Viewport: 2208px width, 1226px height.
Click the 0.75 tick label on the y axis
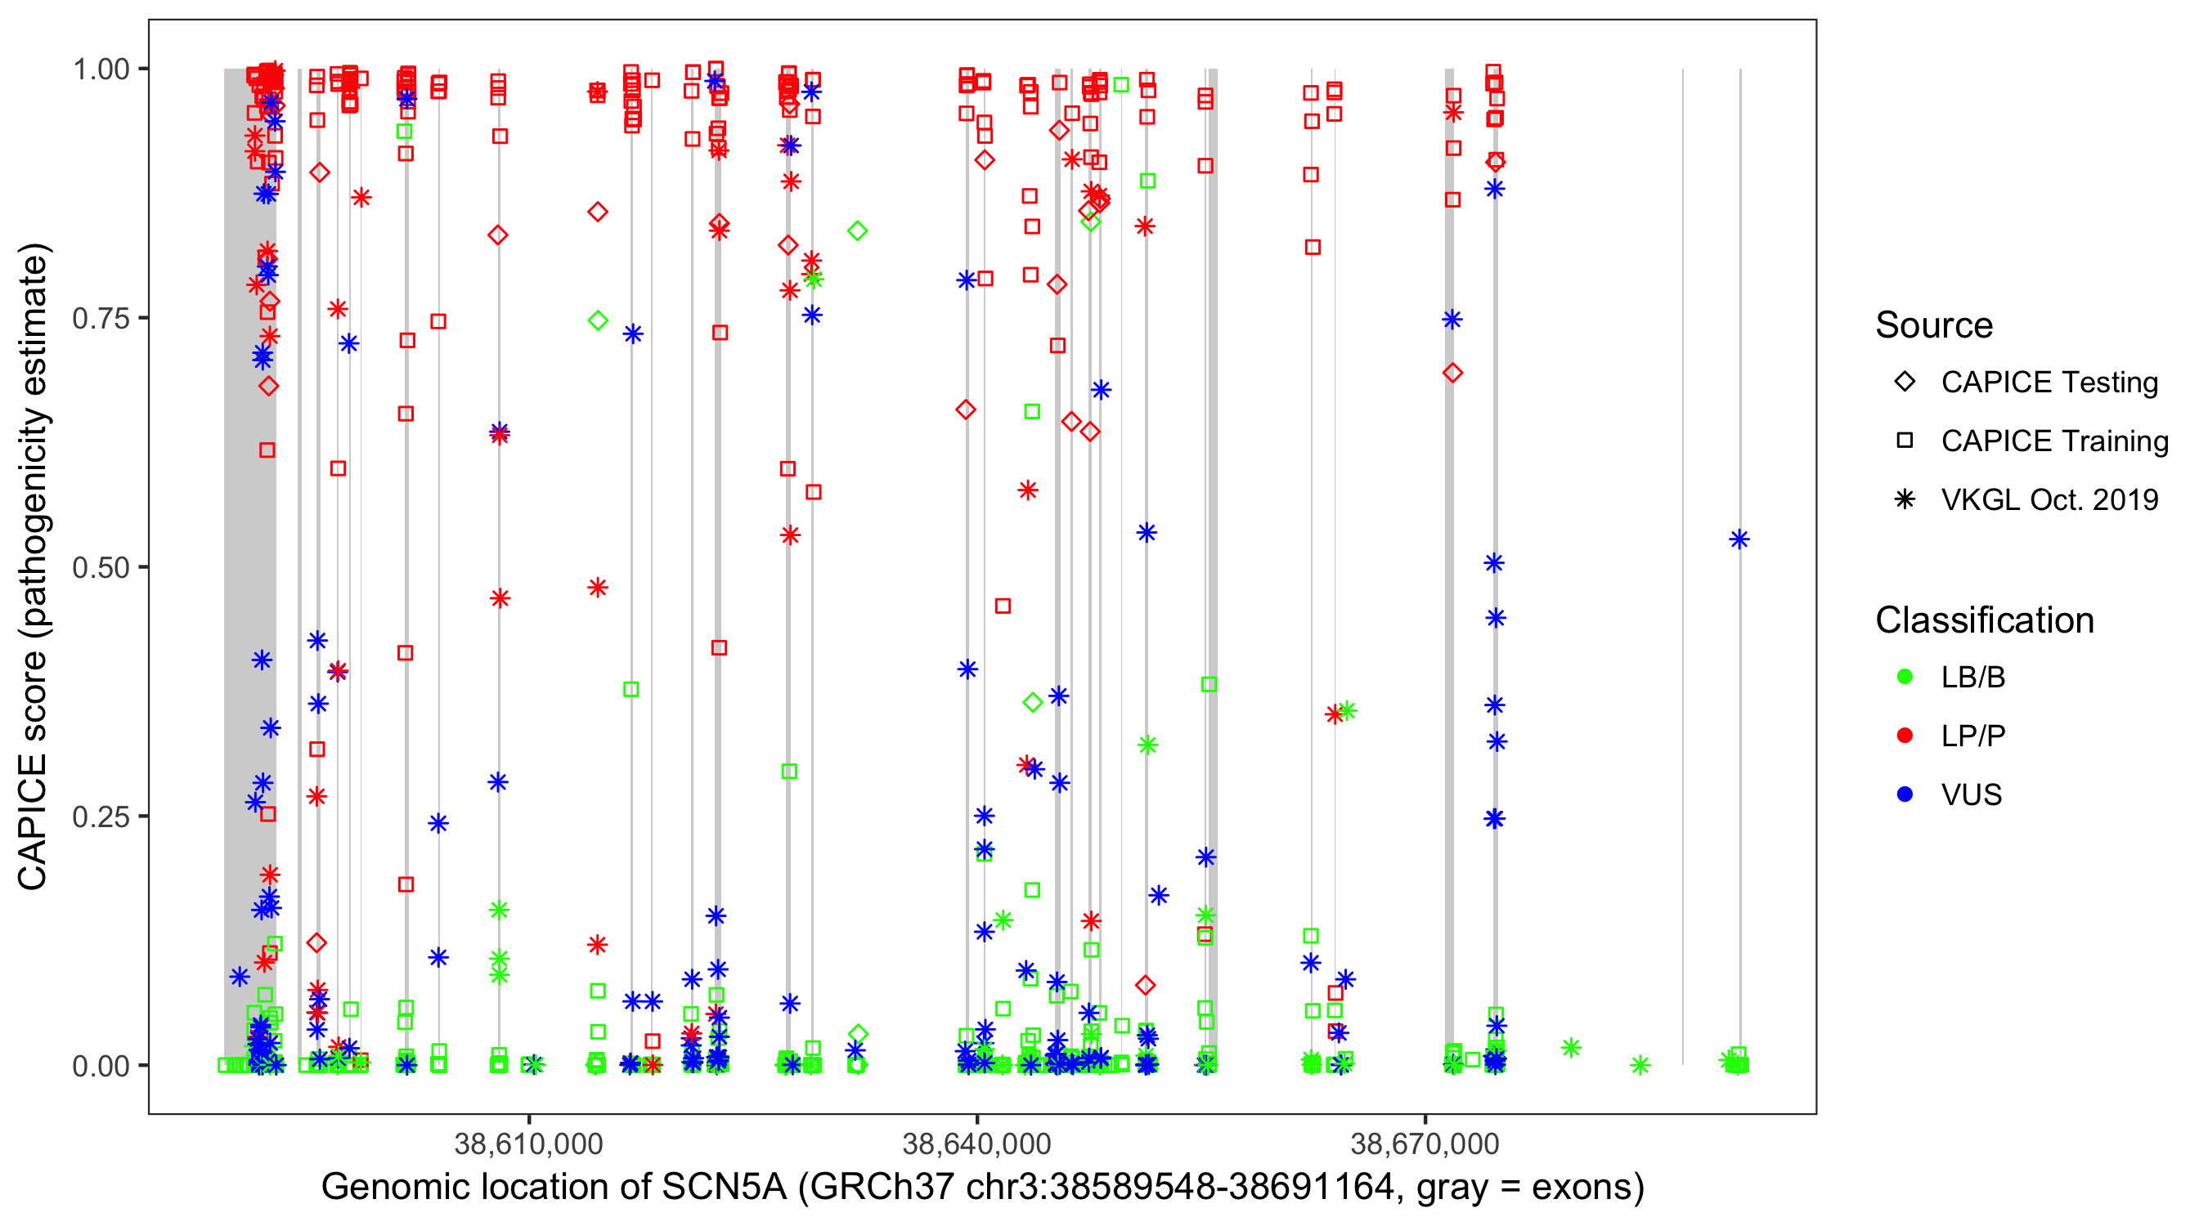pos(100,318)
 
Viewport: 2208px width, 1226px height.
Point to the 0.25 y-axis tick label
pos(100,817)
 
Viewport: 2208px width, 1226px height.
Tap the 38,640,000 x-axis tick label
pos(976,1143)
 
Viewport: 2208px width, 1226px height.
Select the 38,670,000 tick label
pos(1425,1143)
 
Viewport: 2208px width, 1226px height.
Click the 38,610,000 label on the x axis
pos(528,1143)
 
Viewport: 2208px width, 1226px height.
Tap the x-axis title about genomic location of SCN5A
pos(982,1188)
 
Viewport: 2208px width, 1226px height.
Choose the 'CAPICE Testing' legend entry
pos(2049,383)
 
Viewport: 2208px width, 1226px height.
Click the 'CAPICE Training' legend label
pos(2053,441)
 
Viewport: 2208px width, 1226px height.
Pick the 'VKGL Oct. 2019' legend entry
pos(2049,499)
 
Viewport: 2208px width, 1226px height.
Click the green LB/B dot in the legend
pos(1905,677)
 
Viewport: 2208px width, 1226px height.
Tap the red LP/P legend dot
pos(1905,736)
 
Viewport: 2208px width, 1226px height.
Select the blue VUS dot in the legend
pos(1905,794)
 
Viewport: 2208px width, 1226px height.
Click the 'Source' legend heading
pos(1934,325)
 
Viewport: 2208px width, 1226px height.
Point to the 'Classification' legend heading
pos(1984,620)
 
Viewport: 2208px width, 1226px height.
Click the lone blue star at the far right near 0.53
pos(1739,539)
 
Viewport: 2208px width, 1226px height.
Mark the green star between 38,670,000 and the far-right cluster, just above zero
pos(1570,1048)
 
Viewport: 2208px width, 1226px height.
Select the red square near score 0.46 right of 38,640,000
pos(1003,606)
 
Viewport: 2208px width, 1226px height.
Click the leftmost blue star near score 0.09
pos(239,976)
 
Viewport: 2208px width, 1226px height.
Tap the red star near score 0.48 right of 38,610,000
pos(598,588)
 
